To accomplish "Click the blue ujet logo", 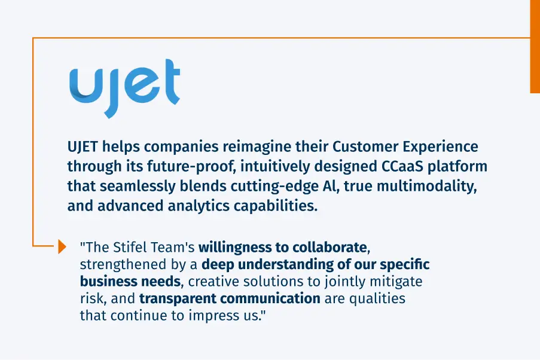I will (124, 85).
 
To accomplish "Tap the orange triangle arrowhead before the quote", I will (62, 246).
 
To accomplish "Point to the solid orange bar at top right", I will (535, 46).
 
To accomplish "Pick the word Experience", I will (443, 147).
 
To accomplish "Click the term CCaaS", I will (393, 166).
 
